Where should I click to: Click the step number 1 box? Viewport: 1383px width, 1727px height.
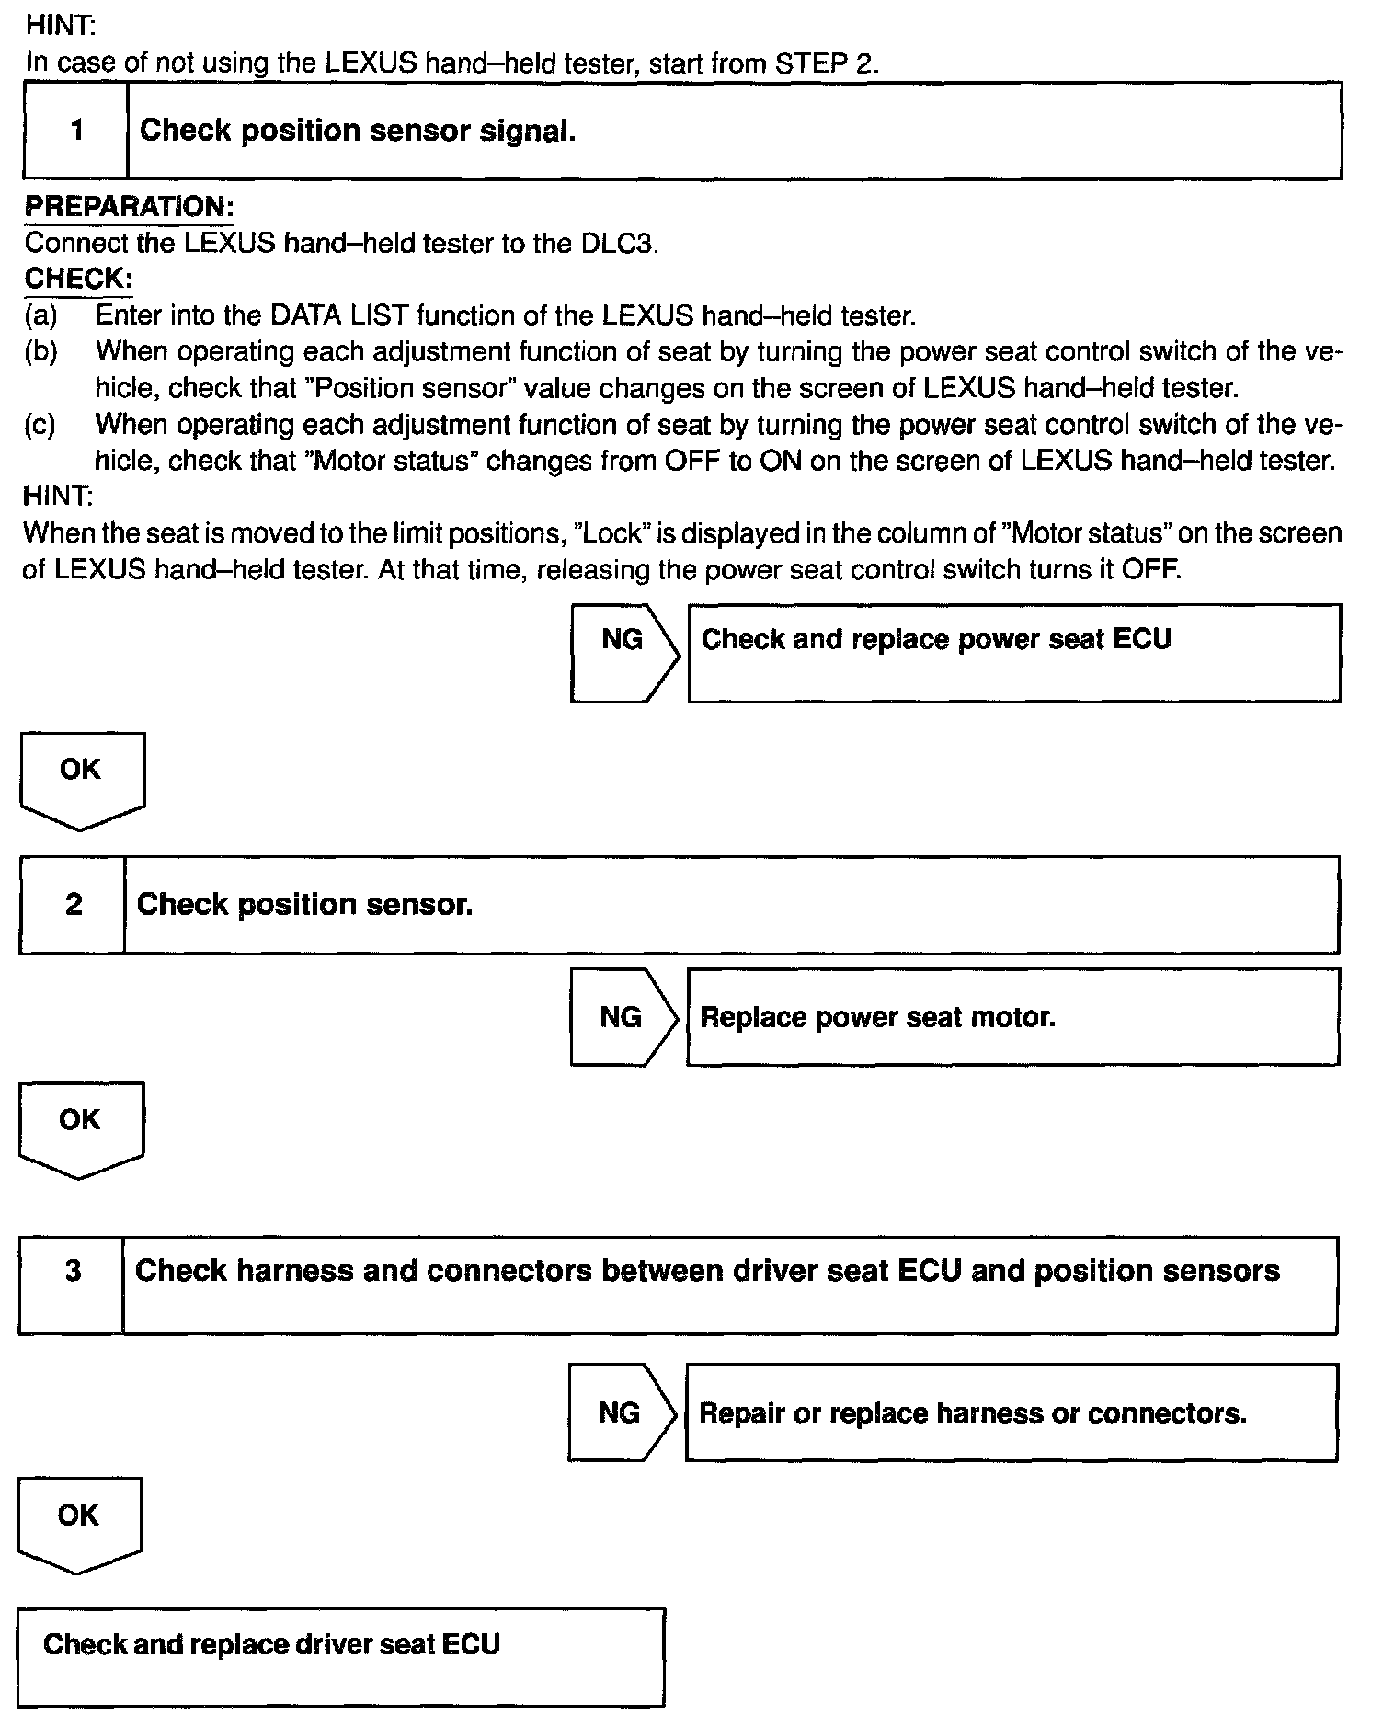(76, 131)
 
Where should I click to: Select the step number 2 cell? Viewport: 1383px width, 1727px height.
(74, 905)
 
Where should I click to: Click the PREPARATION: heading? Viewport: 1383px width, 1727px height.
(129, 206)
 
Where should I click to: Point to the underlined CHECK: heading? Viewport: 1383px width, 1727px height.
(78, 279)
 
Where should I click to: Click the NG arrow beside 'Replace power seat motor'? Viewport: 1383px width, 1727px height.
(623, 1017)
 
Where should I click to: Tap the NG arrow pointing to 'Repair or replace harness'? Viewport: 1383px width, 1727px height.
(621, 1412)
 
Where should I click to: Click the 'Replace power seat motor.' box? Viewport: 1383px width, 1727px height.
(1012, 1017)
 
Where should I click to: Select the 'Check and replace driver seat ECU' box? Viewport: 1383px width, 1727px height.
(340, 1656)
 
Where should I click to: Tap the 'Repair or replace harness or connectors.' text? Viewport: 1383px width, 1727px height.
(972, 1412)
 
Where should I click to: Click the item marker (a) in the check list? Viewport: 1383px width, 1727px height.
(40, 315)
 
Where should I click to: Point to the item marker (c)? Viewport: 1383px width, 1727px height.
(40, 425)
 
